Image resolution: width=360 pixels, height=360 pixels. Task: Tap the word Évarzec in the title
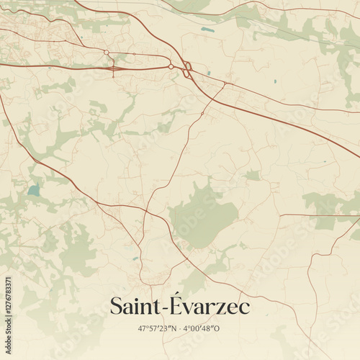(x=214, y=307)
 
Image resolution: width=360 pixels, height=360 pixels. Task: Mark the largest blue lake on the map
(x=33, y=191)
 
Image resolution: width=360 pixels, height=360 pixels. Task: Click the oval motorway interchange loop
(x=187, y=70)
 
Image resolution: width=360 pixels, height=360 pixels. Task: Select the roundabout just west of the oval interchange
(x=171, y=67)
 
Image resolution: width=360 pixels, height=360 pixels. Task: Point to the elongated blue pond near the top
(x=207, y=30)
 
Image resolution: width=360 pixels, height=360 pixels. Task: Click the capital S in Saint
(x=117, y=307)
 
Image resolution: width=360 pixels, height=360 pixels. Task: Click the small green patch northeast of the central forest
(x=252, y=175)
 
